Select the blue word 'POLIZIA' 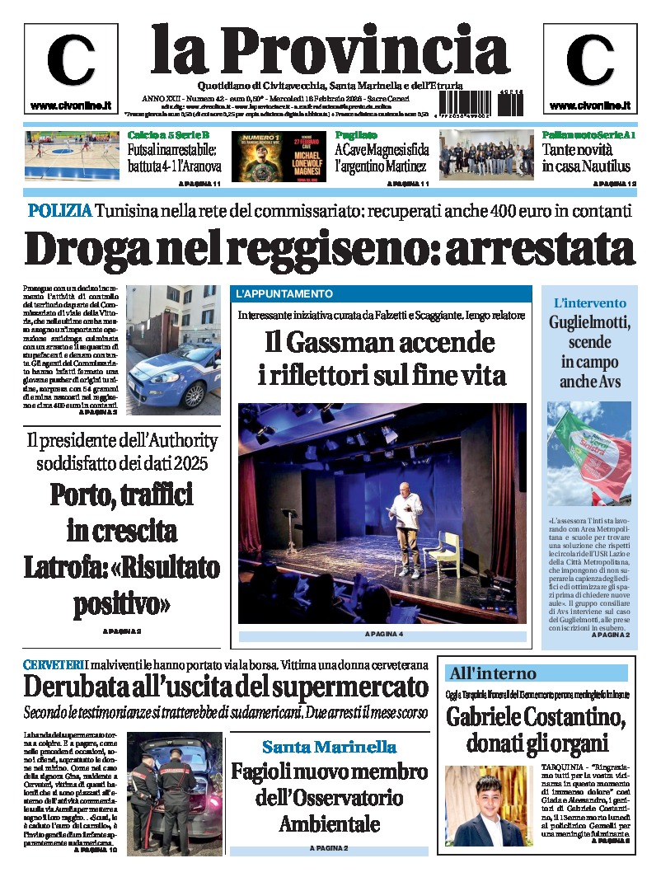point(59,210)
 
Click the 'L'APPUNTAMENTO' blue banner point(284,294)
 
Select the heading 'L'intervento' point(589,302)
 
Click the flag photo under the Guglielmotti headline point(588,453)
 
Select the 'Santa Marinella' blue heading point(329,747)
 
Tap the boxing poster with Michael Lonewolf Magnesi point(279,157)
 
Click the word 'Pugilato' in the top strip point(356,134)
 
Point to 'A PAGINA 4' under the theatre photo point(382,635)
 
